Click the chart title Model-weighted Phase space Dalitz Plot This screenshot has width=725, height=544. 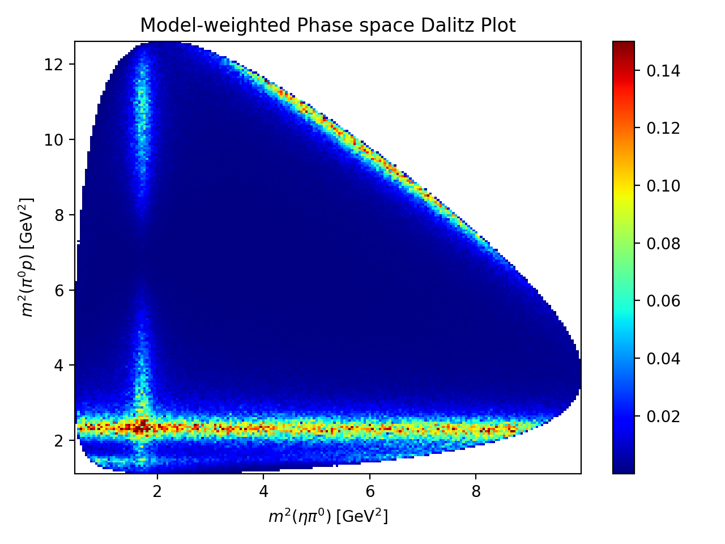[x=328, y=25]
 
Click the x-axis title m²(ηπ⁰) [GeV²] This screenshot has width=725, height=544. [x=328, y=516]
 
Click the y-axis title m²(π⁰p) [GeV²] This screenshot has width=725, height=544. [x=27, y=257]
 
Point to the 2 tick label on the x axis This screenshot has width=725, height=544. [x=157, y=491]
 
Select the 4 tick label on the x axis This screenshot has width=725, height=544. [x=263, y=491]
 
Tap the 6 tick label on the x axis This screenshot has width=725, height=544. [x=369, y=491]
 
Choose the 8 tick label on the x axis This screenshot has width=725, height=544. [x=476, y=491]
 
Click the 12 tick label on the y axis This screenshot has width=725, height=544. [x=57, y=64]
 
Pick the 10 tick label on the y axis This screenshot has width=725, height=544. [x=57, y=139]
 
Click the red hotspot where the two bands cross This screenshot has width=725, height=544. [x=141, y=425]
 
